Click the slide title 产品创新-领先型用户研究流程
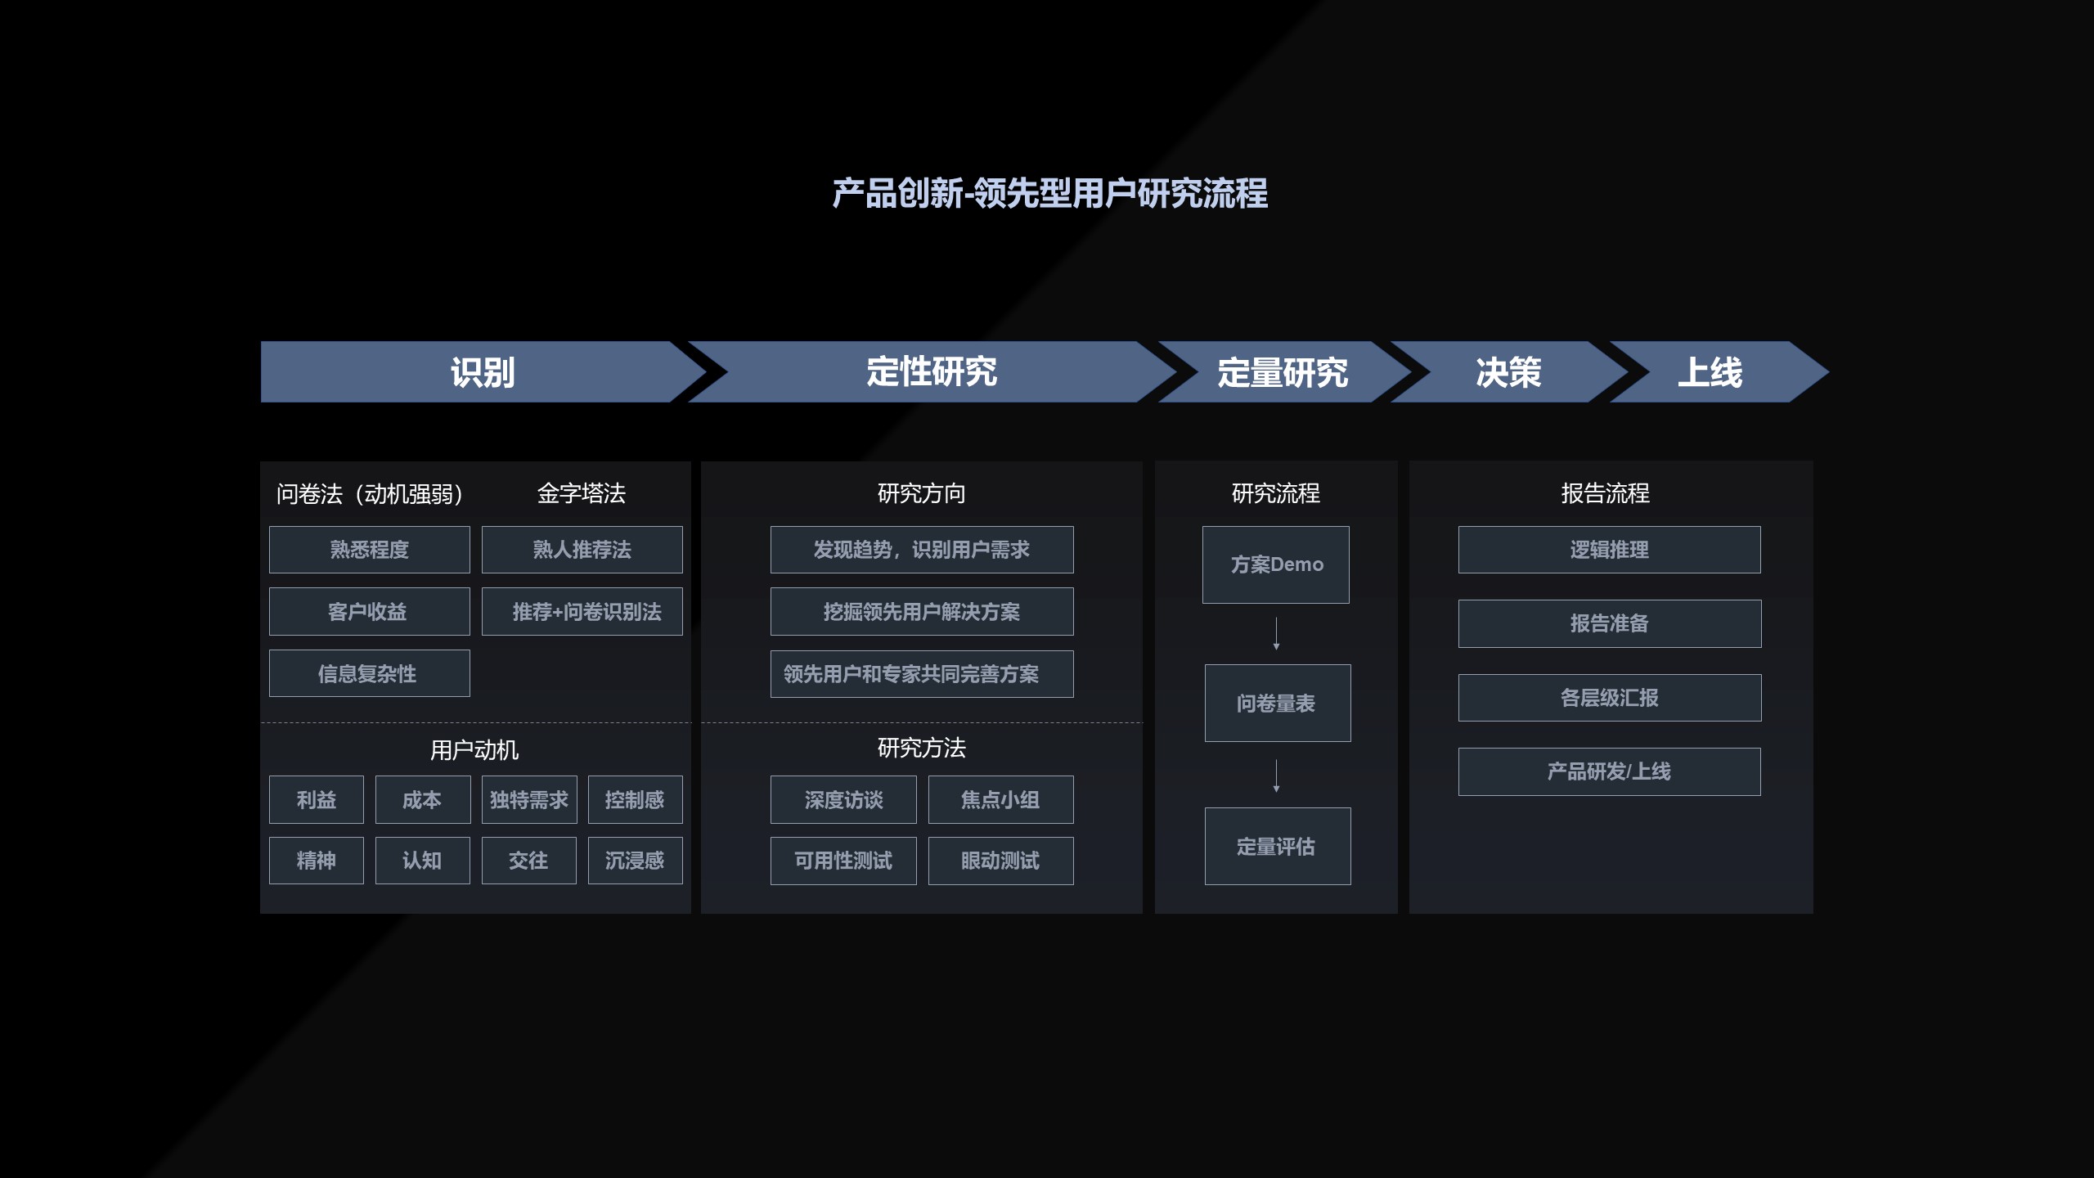(1049, 194)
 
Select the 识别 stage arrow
(482, 372)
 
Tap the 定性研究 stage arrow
(931, 372)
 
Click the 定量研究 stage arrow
(1282, 372)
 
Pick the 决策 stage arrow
(1508, 372)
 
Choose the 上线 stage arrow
(1710, 372)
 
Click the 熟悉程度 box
(369, 550)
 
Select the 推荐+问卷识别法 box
(582, 612)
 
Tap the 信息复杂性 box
(369, 673)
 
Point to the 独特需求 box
(528, 799)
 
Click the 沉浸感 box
(635, 861)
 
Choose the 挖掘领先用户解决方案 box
(921, 612)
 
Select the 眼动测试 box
(1000, 861)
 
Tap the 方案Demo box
(1275, 564)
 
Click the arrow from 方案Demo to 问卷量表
(1276, 634)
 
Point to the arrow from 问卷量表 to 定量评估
(1276, 776)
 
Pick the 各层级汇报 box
(1609, 698)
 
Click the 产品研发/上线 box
(1609, 771)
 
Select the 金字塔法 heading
(581, 493)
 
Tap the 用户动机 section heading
(474, 750)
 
